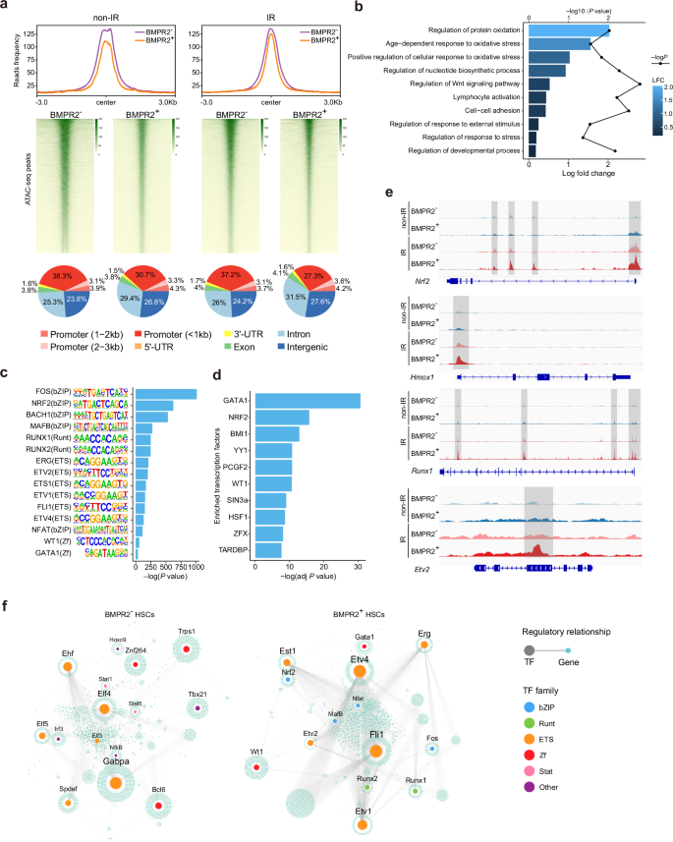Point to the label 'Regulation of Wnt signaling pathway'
point(467,84)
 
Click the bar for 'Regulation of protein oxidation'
point(568,30)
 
